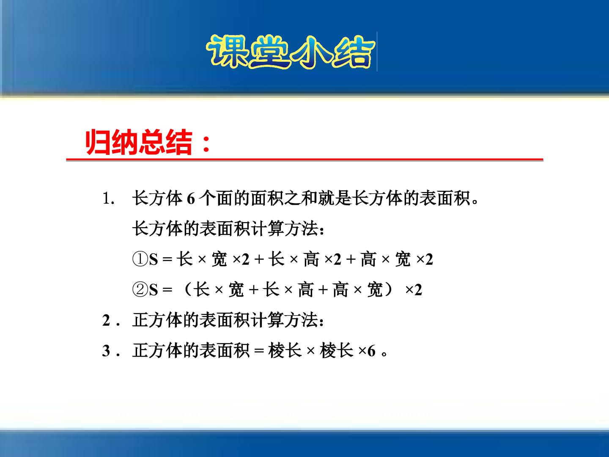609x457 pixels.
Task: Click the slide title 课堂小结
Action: (291, 52)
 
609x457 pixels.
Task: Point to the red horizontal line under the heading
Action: (304, 160)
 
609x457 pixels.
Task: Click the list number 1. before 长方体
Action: (109, 198)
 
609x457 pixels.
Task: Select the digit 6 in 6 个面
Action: (191, 198)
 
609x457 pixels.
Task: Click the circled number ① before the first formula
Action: (140, 259)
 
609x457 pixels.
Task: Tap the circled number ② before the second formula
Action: (140, 290)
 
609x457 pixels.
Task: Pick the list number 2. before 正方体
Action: (111, 320)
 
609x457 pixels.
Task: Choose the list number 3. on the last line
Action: (111, 351)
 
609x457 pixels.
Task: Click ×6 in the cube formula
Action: (367, 351)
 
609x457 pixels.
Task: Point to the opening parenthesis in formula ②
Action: (188, 290)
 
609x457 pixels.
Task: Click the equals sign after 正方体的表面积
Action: (259, 351)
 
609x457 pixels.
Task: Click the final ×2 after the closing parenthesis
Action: (413, 290)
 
